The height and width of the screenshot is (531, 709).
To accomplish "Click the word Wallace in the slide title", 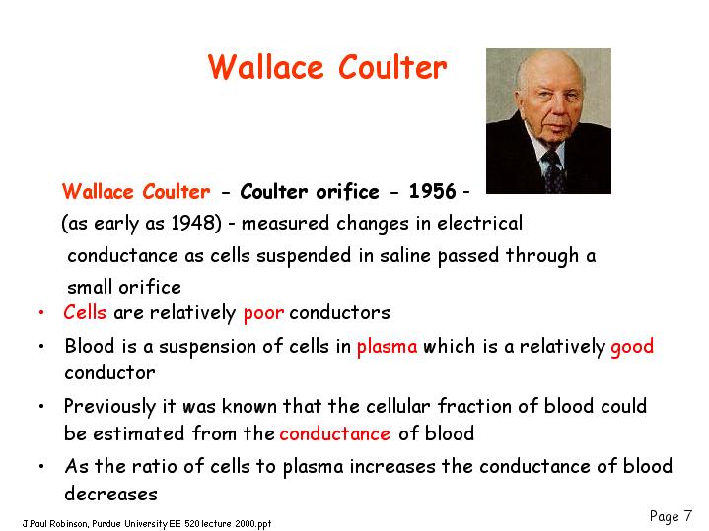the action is [x=266, y=67].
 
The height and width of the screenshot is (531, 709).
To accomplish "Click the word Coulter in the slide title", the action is [x=392, y=67].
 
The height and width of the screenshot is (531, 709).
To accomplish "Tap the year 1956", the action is [x=432, y=191].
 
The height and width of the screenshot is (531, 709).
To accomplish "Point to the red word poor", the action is [x=263, y=313].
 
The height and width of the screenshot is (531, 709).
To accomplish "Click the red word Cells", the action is [x=85, y=312].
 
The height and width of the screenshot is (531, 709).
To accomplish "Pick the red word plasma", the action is [x=388, y=347].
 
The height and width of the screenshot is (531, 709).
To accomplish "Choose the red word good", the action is [x=632, y=347].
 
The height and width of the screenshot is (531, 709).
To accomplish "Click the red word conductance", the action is [x=335, y=433].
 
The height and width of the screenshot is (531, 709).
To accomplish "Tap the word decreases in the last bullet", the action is [x=110, y=494].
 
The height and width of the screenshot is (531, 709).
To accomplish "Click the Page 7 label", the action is [x=671, y=516].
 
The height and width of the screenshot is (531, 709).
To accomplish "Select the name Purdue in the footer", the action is [x=106, y=524].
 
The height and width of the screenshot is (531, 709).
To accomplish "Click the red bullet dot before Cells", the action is [x=41, y=312].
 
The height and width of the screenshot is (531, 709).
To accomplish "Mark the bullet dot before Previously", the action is [x=41, y=406].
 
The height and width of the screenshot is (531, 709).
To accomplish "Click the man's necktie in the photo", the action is [x=553, y=171].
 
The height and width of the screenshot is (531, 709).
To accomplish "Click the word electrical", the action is [x=480, y=223].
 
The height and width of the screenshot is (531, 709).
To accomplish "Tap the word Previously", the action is [x=109, y=407].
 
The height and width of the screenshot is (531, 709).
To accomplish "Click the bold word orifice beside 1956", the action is [x=348, y=191].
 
